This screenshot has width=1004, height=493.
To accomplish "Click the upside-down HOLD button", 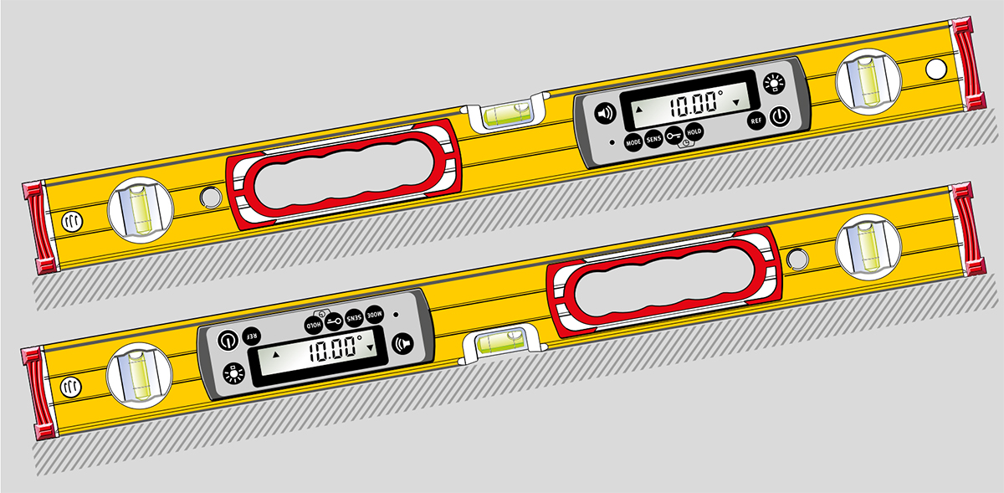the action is [314, 324].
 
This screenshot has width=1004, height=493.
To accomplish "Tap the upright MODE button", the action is [633, 142].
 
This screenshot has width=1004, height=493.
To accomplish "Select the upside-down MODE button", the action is [375, 315].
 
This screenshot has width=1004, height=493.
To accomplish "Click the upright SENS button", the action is [654, 139].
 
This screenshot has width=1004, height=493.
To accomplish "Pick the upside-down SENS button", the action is [354, 318].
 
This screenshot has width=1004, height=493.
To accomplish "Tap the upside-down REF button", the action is [252, 336].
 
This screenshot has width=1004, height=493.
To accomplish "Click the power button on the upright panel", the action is [781, 116].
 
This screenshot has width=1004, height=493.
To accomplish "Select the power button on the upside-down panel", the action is [228, 341].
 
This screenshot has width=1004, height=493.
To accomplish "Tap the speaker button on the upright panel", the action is [605, 113].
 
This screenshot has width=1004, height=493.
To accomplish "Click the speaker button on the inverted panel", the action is [403, 344].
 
